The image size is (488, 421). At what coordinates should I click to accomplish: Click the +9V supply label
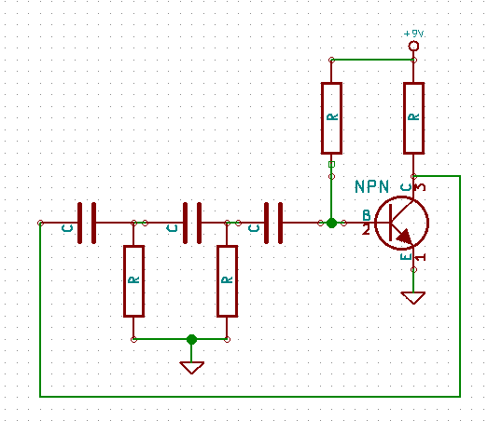coord(413,34)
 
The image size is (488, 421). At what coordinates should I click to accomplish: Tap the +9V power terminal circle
coord(413,46)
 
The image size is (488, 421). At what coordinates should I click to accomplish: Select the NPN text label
coord(371,186)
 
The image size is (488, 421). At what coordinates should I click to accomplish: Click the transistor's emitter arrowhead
coord(405,237)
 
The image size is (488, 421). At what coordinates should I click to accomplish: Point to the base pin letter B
coord(367,215)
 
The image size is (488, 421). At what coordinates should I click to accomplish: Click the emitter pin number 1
coord(420,257)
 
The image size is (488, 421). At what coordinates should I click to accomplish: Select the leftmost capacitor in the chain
coord(87,223)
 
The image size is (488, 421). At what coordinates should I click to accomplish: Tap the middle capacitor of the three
coord(192,223)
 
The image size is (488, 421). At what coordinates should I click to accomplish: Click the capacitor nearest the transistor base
coord(273,223)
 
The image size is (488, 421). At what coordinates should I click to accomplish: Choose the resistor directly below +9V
coord(413,118)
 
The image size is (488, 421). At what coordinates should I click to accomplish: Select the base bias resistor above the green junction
coord(332,118)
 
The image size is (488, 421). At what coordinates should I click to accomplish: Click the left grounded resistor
coord(133,281)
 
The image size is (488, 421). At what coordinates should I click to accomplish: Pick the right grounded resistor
coord(227,281)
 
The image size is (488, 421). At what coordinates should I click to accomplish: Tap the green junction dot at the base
coord(332,223)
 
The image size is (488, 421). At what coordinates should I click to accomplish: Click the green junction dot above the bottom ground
coord(191,339)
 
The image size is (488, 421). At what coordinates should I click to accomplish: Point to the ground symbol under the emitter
coord(413,298)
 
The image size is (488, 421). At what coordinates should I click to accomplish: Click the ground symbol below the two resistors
coord(191,368)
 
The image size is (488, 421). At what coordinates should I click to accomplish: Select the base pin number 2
coord(366,230)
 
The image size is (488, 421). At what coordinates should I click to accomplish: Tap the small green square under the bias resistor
coord(332,164)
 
